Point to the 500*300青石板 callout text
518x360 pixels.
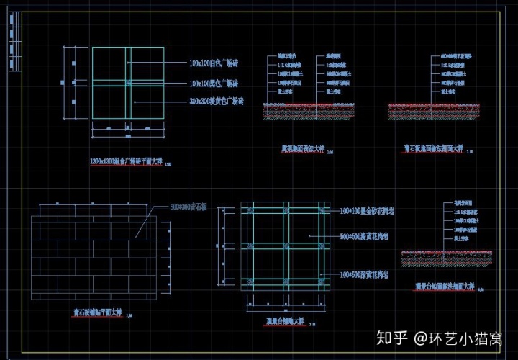click(188, 207)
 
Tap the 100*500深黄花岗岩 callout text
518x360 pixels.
click(365, 275)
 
